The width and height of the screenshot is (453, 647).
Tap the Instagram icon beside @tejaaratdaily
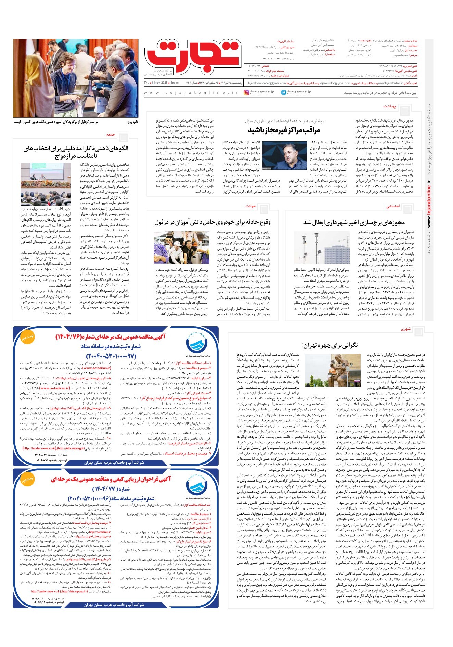[247, 92]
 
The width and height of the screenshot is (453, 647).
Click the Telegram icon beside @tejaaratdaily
[284, 92]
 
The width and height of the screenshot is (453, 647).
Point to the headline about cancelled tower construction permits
[354, 223]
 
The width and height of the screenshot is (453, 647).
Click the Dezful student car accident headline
[212, 223]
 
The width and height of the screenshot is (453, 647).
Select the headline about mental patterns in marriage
[76, 152]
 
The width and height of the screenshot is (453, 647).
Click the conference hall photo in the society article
[46, 184]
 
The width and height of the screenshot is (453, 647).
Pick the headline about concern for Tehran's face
[330, 345]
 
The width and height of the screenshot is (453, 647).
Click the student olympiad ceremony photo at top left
[76, 78]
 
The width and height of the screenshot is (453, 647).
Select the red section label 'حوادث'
[251, 206]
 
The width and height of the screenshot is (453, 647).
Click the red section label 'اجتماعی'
[393, 206]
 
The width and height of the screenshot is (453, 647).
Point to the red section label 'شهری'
[405, 329]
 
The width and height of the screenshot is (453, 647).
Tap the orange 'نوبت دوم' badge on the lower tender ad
[27, 480]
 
